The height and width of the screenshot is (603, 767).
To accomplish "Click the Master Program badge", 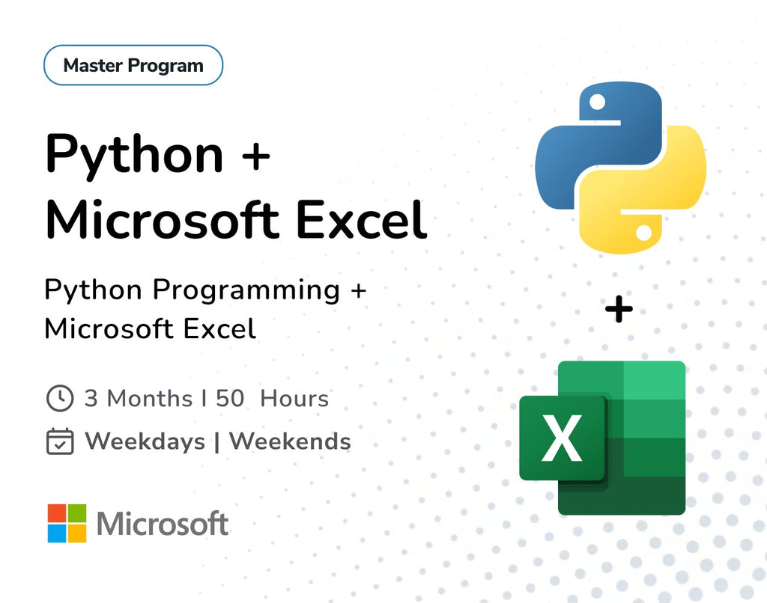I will [x=133, y=65].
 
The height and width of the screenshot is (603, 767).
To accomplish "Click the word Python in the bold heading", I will [x=134, y=155].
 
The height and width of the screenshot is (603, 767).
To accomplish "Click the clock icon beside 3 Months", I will [x=60, y=398].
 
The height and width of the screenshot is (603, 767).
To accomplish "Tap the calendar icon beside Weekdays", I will [x=60, y=441].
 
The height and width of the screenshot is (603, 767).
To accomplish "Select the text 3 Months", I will [x=138, y=398].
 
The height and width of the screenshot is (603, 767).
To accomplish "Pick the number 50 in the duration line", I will [x=230, y=398].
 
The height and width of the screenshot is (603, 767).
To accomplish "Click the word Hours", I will [x=294, y=398].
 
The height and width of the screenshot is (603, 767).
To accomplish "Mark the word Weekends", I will [x=290, y=441].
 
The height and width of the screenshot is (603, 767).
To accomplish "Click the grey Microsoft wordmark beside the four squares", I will [x=163, y=524].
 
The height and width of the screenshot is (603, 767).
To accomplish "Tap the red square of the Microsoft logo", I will [x=57, y=513].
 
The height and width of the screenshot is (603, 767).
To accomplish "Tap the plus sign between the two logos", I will [x=619, y=309].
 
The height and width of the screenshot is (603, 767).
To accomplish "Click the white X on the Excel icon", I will [x=563, y=439].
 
